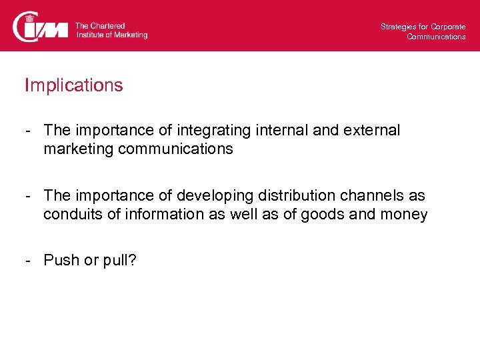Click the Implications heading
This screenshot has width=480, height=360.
[x=74, y=85]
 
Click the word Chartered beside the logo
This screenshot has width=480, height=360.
[x=108, y=26]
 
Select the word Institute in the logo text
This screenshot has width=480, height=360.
[x=90, y=35]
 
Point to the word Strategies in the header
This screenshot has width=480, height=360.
[x=397, y=27]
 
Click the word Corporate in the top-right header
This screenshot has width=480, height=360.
[x=448, y=27]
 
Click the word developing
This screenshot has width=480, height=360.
[x=211, y=196]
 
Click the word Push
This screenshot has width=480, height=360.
[x=61, y=260]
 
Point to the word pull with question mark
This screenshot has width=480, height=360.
[x=120, y=260]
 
